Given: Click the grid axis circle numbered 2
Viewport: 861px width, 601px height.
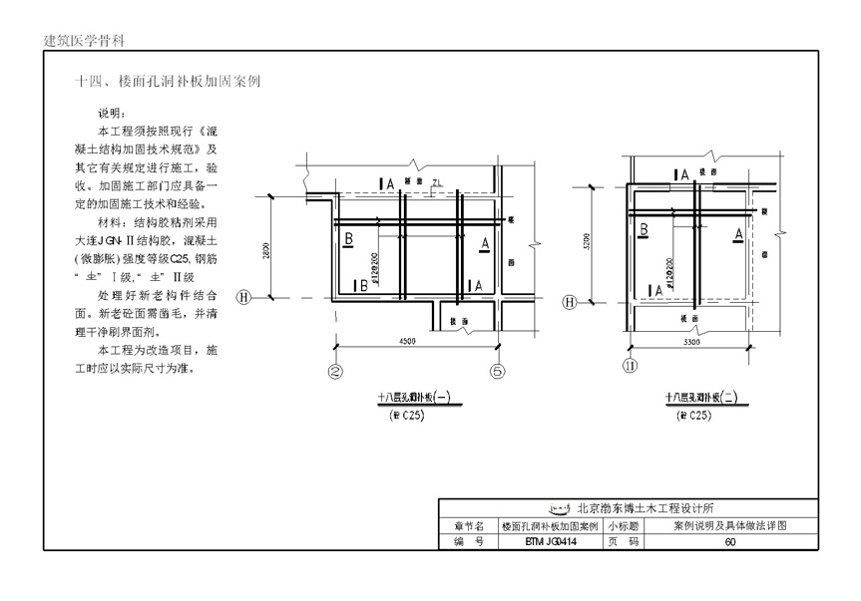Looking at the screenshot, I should tap(335, 373).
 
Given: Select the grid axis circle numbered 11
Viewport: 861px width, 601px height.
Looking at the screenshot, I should tap(630, 366).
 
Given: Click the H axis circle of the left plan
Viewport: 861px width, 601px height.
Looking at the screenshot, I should tap(242, 296).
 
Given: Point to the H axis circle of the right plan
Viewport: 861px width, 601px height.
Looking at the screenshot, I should tap(571, 302).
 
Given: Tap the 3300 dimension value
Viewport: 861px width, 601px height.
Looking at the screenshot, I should tap(687, 342).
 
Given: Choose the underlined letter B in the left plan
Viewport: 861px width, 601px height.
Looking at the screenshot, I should tap(348, 240).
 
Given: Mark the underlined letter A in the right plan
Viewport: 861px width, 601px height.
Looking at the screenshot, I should tap(738, 233).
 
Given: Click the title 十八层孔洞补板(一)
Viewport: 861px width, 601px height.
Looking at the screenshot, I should tap(413, 398).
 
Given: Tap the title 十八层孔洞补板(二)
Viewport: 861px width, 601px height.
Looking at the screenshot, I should tap(701, 398).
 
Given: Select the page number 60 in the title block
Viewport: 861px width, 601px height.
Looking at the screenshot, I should tap(730, 542).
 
